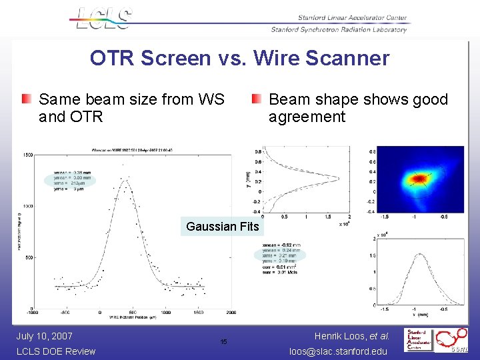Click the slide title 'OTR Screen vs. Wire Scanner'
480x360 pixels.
coord(239,59)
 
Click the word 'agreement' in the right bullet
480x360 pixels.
coord(307,117)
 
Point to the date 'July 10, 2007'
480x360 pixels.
coord(44,336)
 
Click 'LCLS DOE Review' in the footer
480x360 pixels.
coord(56,351)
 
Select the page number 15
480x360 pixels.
coord(223,342)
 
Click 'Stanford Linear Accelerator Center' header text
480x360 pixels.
coord(351,18)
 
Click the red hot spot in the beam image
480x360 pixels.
coord(418,178)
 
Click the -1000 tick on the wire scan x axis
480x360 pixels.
coord(32,312)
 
